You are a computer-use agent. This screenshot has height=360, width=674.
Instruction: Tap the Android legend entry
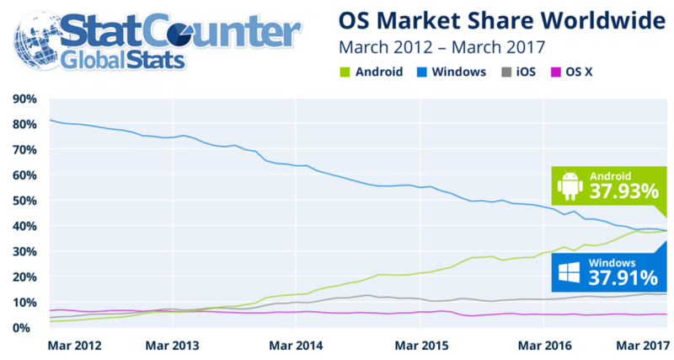pos(372,72)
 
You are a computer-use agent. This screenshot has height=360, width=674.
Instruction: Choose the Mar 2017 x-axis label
pos(637,346)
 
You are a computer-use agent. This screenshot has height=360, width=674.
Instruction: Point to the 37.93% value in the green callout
pos(623,192)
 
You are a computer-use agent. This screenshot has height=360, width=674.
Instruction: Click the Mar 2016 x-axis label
pos(540,346)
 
